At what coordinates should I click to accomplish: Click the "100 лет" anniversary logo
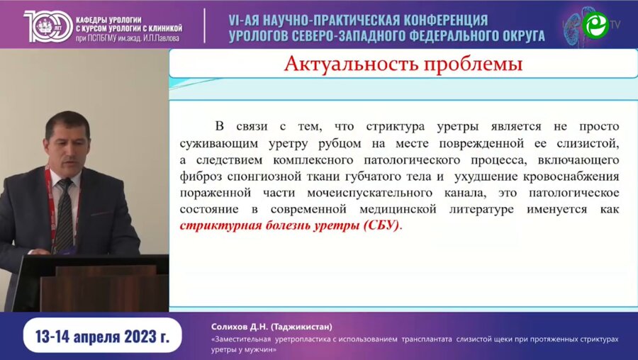46,25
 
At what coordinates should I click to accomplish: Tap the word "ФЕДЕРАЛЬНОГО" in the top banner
444,35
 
